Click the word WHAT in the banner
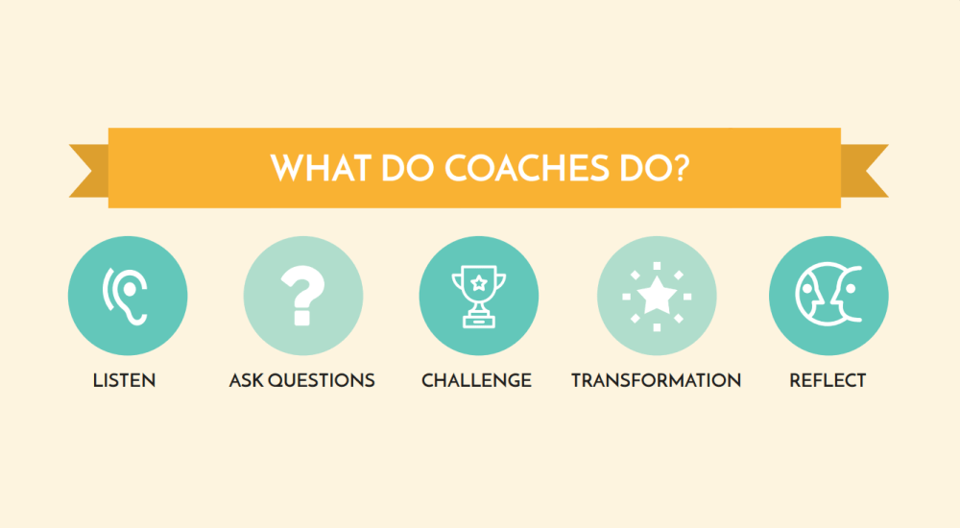click(319, 167)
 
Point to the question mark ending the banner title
click(678, 167)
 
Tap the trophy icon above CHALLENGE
click(478, 294)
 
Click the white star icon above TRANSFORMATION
click(656, 295)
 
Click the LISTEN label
click(125, 380)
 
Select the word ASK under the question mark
click(246, 380)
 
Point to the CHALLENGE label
click(476, 380)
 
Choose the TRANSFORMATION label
click(656, 380)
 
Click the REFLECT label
click(828, 380)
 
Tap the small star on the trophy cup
click(478, 282)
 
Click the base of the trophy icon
click(478, 321)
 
